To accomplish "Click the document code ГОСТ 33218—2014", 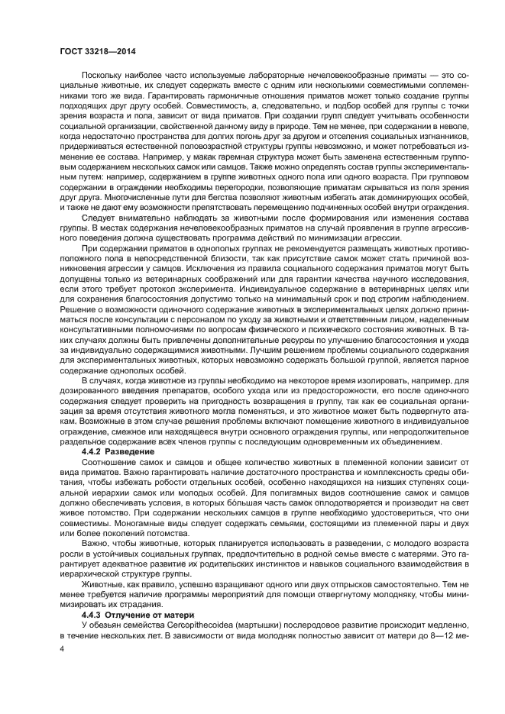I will (x=92, y=50).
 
